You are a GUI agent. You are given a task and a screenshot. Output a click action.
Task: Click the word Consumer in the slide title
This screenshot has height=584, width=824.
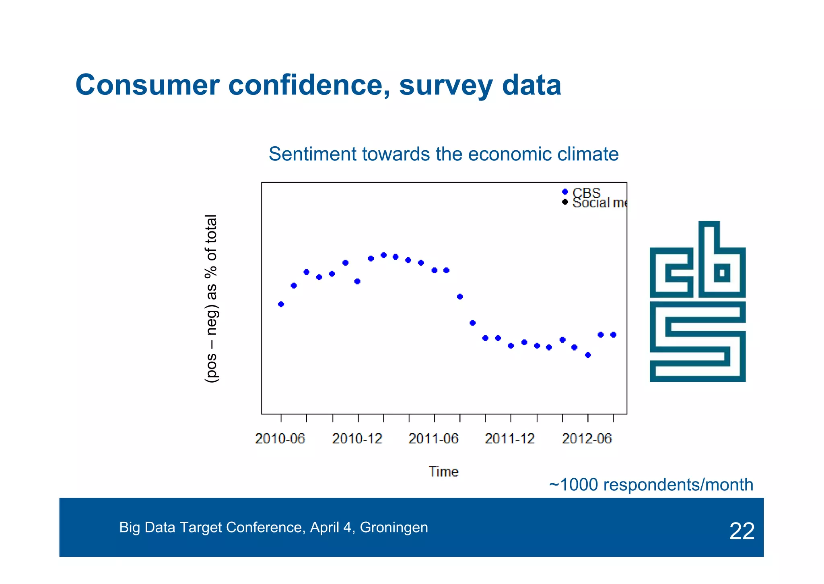point(147,86)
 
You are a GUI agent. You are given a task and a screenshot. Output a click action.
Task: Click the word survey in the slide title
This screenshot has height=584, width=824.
point(446,86)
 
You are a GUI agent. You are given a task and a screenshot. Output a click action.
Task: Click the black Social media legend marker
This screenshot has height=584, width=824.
point(565,202)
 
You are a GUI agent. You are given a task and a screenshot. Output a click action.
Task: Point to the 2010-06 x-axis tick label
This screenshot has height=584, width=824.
point(280,439)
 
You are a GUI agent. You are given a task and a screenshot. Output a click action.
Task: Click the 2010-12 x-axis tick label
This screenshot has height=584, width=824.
point(357,439)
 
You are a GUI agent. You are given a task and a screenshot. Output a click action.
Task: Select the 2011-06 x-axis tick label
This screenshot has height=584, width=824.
point(433,439)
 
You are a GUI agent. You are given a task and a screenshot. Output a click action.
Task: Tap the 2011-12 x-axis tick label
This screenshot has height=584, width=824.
point(510,439)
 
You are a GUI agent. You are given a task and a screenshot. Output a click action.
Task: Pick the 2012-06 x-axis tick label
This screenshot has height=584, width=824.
point(587,439)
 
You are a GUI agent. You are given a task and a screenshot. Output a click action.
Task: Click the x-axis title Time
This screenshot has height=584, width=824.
point(443,471)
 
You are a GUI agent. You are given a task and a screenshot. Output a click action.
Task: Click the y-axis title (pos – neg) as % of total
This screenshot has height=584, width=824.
point(212,299)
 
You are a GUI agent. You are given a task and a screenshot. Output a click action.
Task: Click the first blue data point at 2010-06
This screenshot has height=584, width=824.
point(281,304)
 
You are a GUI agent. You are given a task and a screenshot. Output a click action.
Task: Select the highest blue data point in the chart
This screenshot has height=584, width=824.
point(383,255)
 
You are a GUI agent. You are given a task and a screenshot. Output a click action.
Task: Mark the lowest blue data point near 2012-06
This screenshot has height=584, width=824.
point(588,355)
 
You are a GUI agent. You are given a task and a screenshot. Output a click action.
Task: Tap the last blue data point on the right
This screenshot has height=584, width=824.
point(613,334)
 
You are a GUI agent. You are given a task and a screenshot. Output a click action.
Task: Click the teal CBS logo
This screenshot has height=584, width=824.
point(697,301)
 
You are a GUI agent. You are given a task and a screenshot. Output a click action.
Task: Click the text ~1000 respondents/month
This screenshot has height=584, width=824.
point(651,485)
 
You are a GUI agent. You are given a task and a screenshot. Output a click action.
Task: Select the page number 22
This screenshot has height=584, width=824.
point(742,531)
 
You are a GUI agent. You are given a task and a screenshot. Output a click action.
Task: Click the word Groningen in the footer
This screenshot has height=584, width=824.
point(393,527)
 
